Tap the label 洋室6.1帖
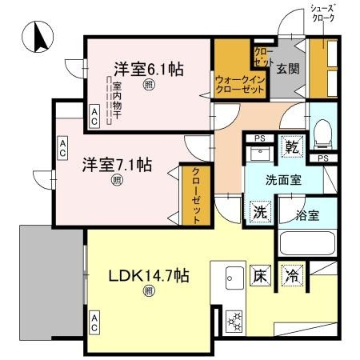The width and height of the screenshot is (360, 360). pyautogui.click(x=149, y=70)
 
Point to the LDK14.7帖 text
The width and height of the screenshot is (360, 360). pyautogui.click(x=149, y=276)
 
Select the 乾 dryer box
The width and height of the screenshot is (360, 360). pyautogui.click(x=293, y=147)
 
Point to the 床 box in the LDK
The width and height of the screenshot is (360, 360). pyautogui.click(x=261, y=274)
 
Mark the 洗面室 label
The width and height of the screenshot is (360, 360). pyautogui.click(x=283, y=180)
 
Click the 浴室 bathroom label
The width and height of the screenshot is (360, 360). pyautogui.click(x=307, y=214)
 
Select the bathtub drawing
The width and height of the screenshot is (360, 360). pyautogui.click(x=307, y=244)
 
